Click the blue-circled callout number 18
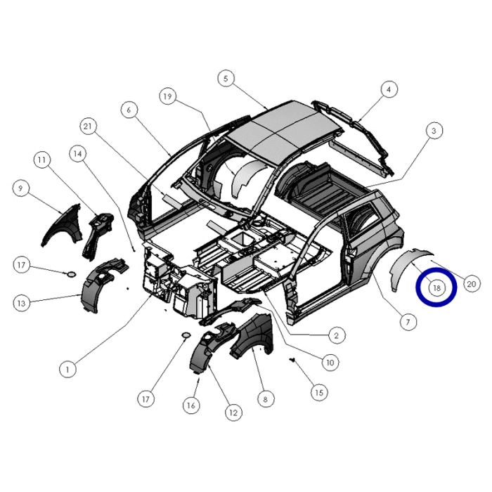point(436,287)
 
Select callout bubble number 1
point(67,368)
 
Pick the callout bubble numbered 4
point(388,89)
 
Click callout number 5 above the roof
point(225,79)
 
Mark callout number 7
point(406,322)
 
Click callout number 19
point(167,96)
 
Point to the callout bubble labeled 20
point(472,284)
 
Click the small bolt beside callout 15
point(292,360)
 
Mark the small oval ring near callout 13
point(72,273)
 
